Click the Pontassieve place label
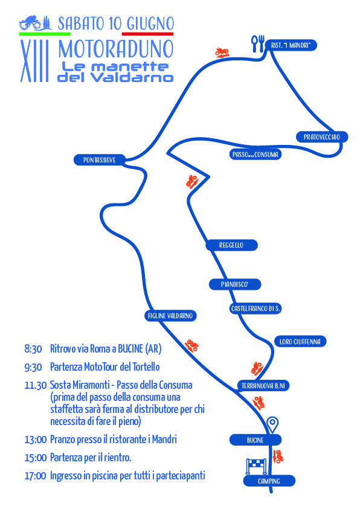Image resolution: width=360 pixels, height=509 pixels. pos(100,160)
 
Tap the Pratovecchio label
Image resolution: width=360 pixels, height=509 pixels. pos(322,137)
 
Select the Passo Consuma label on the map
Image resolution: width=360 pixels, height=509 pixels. pos(255,154)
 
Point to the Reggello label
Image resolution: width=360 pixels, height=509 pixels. pos(231,245)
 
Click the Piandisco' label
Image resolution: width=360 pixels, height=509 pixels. pos(235,284)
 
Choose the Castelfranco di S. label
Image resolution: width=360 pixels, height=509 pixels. pos(255,309)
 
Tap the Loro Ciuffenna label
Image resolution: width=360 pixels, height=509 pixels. pos(300,342)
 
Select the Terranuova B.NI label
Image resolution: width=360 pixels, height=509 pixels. pos(263,386)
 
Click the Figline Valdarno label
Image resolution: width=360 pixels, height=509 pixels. pos(170,316)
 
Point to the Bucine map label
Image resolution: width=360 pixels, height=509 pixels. pos(256,440)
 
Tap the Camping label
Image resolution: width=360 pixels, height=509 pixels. pos(269,481)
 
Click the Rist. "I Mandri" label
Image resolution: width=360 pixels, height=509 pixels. pos(291,45)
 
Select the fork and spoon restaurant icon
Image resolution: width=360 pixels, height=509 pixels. pos(258,43)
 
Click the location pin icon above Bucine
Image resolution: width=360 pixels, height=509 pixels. pos(272,424)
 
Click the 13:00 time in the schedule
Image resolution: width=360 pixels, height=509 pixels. pos(36,440)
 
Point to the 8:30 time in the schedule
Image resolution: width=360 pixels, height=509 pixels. pos(33,349)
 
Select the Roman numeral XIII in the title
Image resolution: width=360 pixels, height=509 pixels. pos(34,61)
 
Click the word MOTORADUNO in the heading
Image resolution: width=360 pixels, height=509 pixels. pos(116,49)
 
